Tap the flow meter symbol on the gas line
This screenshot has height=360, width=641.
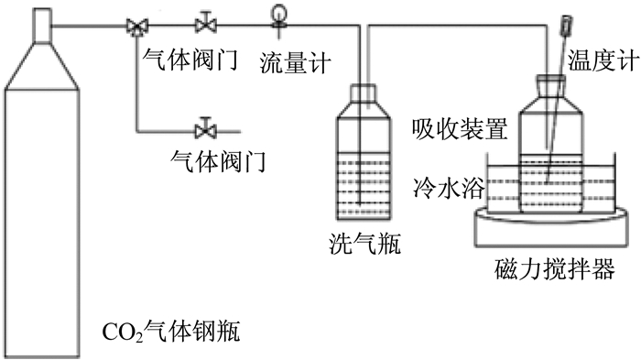[x=279, y=17]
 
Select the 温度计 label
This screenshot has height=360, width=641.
[x=603, y=60]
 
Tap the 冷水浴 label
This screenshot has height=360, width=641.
[x=449, y=188]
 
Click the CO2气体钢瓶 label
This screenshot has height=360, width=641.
[x=171, y=331]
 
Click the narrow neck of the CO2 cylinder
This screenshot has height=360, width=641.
[x=42, y=26]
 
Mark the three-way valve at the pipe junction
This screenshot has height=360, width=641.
[x=137, y=27]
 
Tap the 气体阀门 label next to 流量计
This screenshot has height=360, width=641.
[x=190, y=60]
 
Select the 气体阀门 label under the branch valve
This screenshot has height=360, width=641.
[x=219, y=161]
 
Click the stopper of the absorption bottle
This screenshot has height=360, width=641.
[x=550, y=79]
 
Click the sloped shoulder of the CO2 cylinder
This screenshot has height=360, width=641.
[x=42, y=65]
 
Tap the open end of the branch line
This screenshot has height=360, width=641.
[x=240, y=132]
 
